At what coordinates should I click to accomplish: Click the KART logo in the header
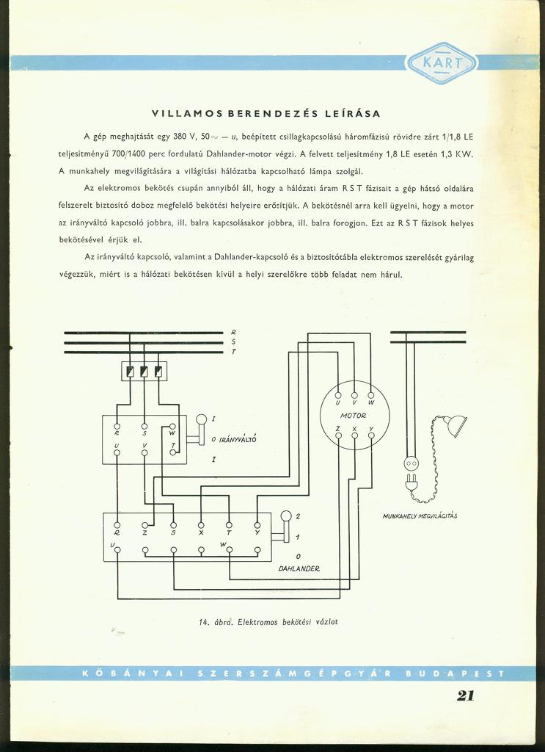click(x=441, y=63)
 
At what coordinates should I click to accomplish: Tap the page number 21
click(x=465, y=696)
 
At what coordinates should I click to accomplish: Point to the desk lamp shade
click(x=456, y=424)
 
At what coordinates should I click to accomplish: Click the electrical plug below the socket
click(x=412, y=482)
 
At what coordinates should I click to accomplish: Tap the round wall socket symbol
click(x=411, y=463)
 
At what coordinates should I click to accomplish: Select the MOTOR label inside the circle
click(x=354, y=416)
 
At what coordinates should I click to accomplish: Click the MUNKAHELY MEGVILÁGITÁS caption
click(x=420, y=516)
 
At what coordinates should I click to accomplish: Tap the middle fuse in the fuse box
click(x=144, y=371)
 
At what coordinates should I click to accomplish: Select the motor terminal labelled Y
click(x=371, y=435)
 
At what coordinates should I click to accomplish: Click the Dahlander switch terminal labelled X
click(x=201, y=525)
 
